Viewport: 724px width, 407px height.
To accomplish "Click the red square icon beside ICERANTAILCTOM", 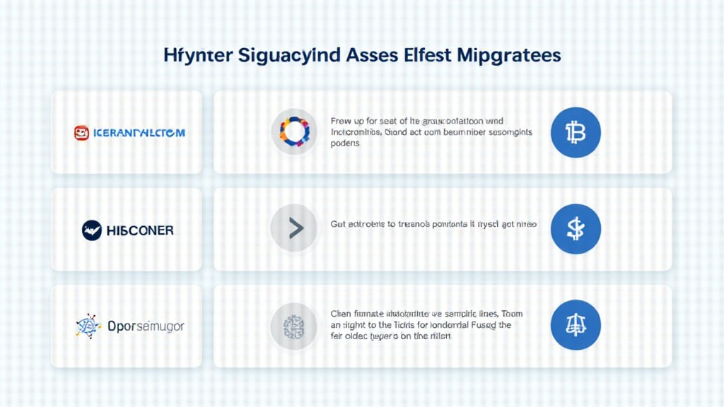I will click(x=81, y=132).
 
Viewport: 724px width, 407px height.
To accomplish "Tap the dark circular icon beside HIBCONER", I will click(x=92, y=230).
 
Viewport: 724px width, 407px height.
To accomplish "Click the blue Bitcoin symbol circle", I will click(x=575, y=132).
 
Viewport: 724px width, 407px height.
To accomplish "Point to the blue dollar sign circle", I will click(x=575, y=229).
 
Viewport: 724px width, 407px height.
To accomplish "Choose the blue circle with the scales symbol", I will click(x=575, y=326).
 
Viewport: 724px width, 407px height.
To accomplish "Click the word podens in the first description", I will click(x=345, y=143).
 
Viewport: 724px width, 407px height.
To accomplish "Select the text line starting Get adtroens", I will click(x=433, y=224).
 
